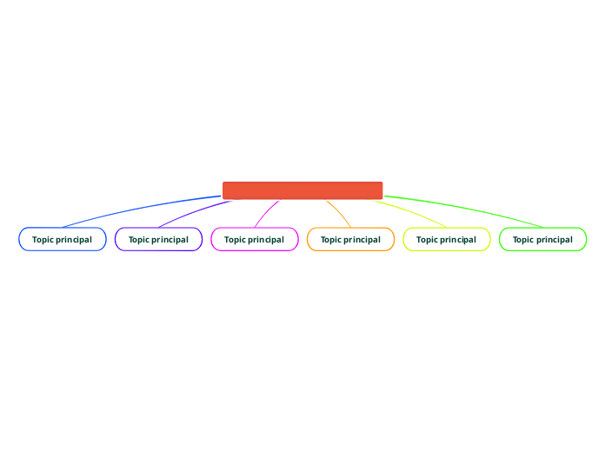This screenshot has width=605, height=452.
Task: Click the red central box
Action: click(x=302, y=190)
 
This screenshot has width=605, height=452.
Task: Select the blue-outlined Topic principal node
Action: click(x=63, y=239)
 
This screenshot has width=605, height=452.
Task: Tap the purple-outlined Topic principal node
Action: click(x=158, y=239)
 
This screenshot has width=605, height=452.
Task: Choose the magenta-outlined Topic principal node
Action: click(x=255, y=239)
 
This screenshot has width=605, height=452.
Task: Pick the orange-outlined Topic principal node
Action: click(x=350, y=239)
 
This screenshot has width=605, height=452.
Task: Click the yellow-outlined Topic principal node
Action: click(x=447, y=239)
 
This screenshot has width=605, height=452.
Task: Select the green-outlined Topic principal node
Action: click(x=542, y=239)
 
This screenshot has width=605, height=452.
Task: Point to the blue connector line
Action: click(x=139, y=209)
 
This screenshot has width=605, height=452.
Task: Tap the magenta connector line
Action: click(x=264, y=213)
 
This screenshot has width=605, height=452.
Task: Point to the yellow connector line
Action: click(x=413, y=213)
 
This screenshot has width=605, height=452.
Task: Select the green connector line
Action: click(x=469, y=209)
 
